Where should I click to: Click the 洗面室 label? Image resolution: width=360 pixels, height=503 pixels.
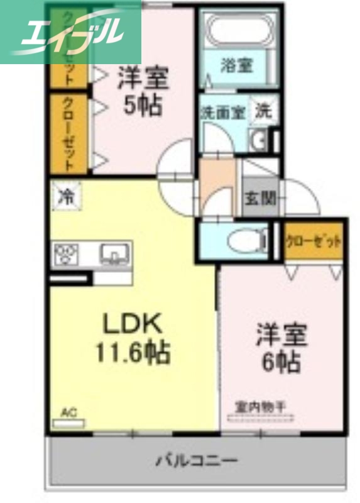tap(222, 113)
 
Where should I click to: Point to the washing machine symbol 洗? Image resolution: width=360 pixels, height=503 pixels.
tap(264, 111)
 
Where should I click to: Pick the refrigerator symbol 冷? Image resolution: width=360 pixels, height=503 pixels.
tap(66, 196)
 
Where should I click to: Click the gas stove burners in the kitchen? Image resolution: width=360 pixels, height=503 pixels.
tap(67, 255)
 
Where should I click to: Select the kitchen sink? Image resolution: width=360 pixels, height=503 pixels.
tap(115, 254)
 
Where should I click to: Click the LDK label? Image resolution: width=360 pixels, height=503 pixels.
tap(133, 324)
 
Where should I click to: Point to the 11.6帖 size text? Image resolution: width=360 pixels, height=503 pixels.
tap(133, 353)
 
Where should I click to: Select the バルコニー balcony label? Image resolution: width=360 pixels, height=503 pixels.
tap(197, 461)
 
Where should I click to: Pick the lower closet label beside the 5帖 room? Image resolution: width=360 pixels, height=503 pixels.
tap(69, 134)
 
